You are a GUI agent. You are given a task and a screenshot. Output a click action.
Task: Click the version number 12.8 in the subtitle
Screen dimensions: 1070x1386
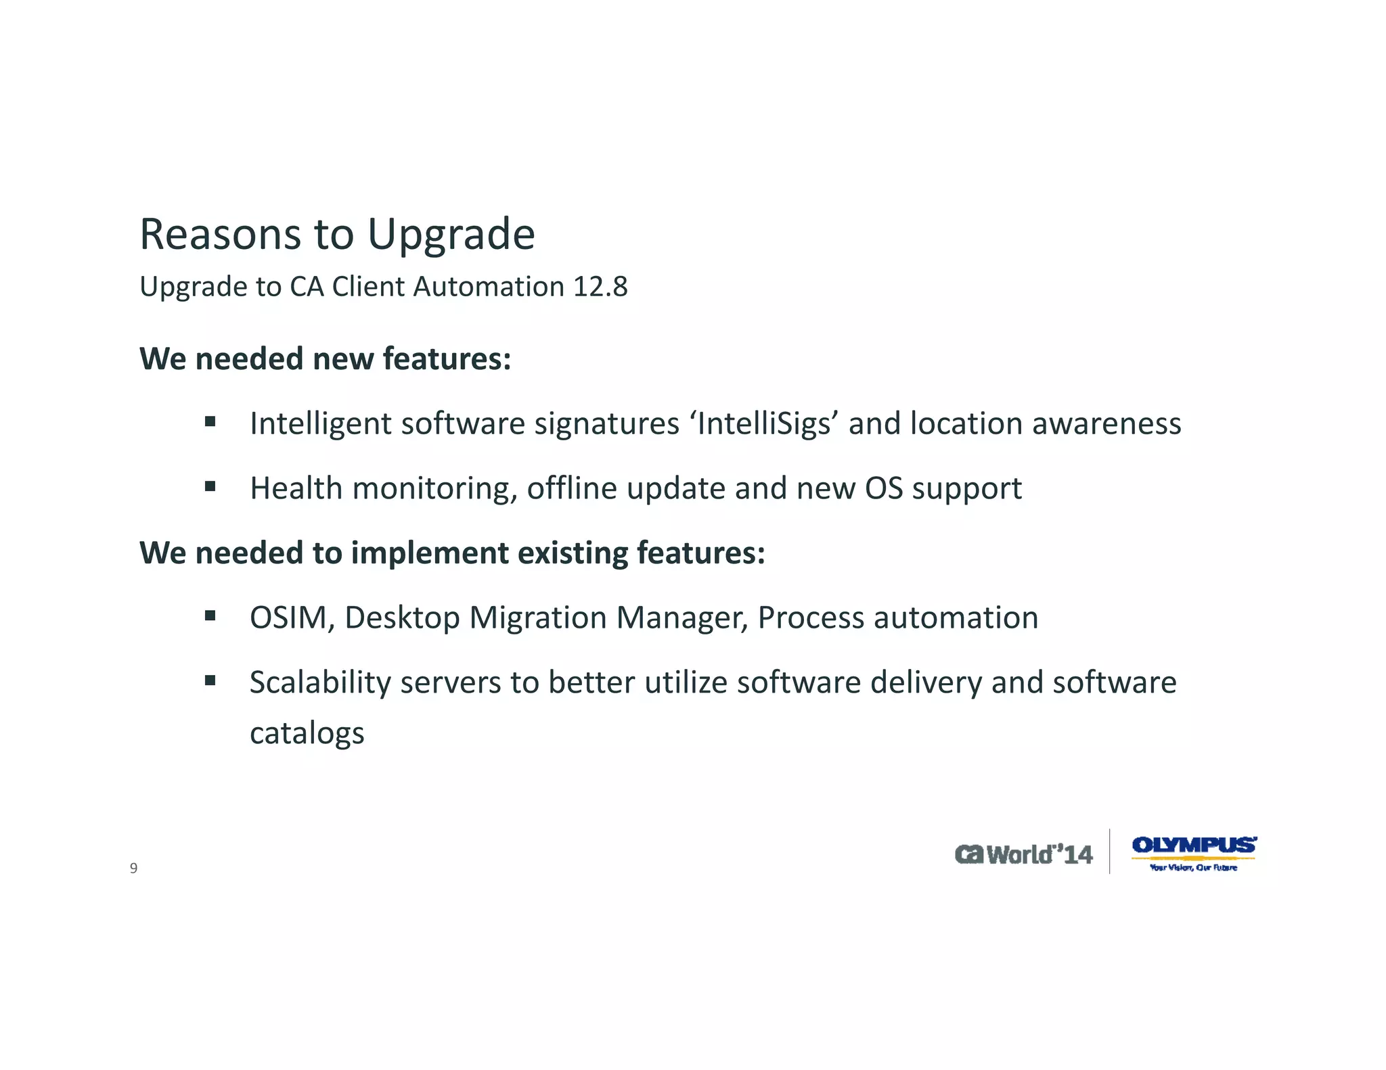600,287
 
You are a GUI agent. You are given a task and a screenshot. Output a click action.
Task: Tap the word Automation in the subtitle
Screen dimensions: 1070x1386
489,287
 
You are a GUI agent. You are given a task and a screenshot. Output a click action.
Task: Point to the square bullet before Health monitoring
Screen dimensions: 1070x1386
210,486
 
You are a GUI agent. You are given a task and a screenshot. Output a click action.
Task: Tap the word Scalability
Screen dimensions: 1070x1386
319,682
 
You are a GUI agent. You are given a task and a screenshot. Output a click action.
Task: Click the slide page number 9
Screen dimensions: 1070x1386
133,868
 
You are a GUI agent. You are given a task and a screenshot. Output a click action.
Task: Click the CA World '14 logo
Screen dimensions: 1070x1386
1023,854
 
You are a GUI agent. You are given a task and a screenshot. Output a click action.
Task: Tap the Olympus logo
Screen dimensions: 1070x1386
1194,845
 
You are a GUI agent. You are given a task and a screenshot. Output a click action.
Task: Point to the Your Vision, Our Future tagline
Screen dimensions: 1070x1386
1193,868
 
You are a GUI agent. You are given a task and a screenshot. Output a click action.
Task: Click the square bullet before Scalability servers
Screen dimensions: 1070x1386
210,680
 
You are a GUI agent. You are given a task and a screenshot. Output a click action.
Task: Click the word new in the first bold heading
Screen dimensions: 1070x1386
343,359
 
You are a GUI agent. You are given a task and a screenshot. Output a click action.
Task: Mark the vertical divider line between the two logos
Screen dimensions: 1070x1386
1110,852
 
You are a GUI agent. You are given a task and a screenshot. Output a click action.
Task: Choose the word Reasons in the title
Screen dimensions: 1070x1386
220,235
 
